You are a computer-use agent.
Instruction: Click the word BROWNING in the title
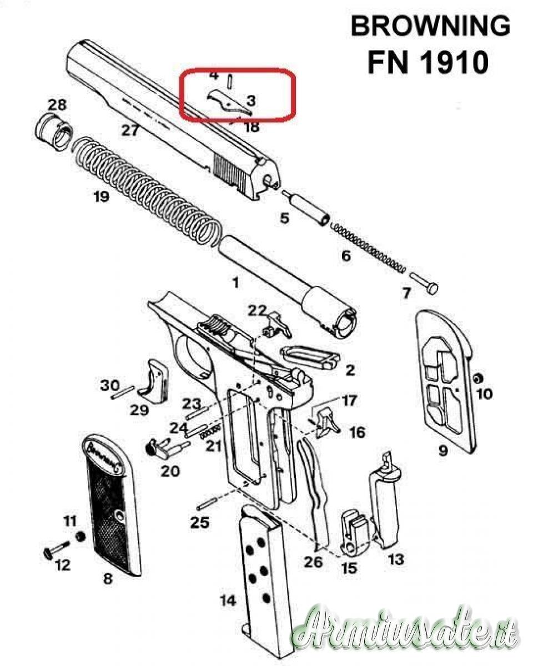tap(431, 27)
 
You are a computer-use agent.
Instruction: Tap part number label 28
tap(57, 105)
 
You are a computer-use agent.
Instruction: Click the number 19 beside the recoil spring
tap(101, 197)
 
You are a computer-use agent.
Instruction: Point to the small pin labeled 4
tap(230, 82)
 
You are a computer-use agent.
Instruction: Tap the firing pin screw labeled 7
tap(424, 283)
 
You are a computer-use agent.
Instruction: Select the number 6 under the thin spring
tap(346, 256)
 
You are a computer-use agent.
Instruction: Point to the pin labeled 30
tap(123, 392)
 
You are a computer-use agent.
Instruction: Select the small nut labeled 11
tap(80, 537)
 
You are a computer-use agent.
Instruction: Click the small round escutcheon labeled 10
tap(478, 379)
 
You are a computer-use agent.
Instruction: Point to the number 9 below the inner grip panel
tap(443, 451)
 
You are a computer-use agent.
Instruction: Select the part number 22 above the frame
tap(258, 311)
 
